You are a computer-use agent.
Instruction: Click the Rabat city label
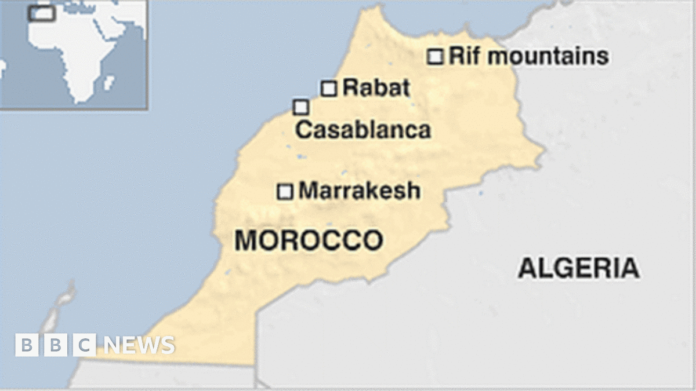coord(376,88)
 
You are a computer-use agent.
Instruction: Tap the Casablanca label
coord(363,130)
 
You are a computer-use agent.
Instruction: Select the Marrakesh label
coord(359,191)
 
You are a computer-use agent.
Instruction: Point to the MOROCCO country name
coord(308,240)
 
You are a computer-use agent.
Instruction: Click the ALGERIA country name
coord(578,268)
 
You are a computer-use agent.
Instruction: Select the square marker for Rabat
coord(329,89)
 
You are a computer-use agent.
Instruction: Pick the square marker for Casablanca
coord(300,107)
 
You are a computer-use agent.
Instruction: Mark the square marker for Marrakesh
coord(285,192)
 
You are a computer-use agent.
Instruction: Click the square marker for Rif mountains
coord(435,57)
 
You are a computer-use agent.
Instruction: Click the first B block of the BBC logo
coord(26,345)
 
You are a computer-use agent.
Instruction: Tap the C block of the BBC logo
coord(85,345)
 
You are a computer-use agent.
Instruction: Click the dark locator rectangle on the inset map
coord(42,13)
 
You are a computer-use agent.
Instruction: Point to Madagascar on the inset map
coord(108,82)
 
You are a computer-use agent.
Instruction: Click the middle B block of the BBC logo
coord(56,345)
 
